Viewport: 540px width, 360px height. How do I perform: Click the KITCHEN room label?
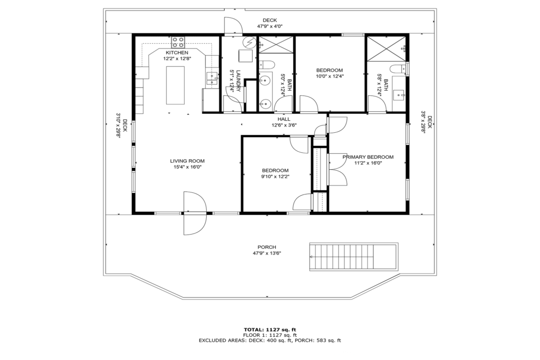tap(177, 53)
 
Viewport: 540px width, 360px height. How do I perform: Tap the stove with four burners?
tap(178, 42)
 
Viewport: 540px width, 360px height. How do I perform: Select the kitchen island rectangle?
tap(175, 85)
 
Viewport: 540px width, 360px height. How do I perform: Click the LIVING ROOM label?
tap(187, 161)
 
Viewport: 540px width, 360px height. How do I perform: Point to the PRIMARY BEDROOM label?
tap(368, 157)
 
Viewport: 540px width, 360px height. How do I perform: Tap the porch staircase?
tap(354, 257)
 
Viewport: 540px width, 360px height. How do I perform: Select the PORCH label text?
tap(266, 247)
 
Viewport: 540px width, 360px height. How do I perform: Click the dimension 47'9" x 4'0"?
tap(269, 26)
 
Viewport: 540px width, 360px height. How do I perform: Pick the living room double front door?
tap(195, 213)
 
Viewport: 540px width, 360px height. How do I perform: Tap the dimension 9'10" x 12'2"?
tap(275, 177)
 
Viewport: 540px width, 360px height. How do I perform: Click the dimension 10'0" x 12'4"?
tap(330, 76)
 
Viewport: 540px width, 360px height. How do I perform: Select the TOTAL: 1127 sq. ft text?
tap(270, 329)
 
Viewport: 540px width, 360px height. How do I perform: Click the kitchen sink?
tap(211, 79)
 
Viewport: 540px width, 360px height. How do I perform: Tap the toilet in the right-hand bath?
tap(400, 69)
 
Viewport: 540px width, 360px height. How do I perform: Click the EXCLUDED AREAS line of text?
tap(270, 340)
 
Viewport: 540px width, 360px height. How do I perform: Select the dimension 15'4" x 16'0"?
tap(187, 167)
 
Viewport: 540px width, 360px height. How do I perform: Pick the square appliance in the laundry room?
tap(246, 56)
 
